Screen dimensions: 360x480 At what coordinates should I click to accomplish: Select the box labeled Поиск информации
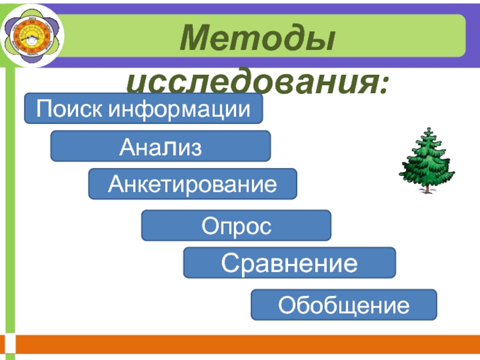pyautogui.click(x=143, y=109)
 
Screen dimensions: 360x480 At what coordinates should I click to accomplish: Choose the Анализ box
pyautogui.click(x=160, y=146)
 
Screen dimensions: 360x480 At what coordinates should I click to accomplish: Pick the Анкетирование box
pyautogui.click(x=193, y=184)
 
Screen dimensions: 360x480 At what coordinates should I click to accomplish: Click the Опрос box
pyautogui.click(x=236, y=226)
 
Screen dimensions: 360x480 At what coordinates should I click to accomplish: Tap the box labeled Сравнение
pyautogui.click(x=289, y=262)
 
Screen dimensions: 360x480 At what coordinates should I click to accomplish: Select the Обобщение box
pyautogui.click(x=343, y=304)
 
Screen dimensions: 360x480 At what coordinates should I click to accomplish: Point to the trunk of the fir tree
pyautogui.click(x=427, y=188)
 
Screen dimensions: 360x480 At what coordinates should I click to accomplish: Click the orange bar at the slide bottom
pyautogui.click(x=240, y=344)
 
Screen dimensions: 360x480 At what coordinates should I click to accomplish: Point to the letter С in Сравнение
pyautogui.click(x=229, y=262)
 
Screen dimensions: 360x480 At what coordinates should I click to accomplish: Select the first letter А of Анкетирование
pyautogui.click(x=115, y=184)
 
